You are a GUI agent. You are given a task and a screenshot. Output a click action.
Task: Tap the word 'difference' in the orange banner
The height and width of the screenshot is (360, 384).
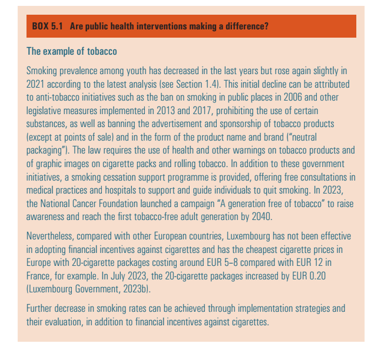click(246, 27)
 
